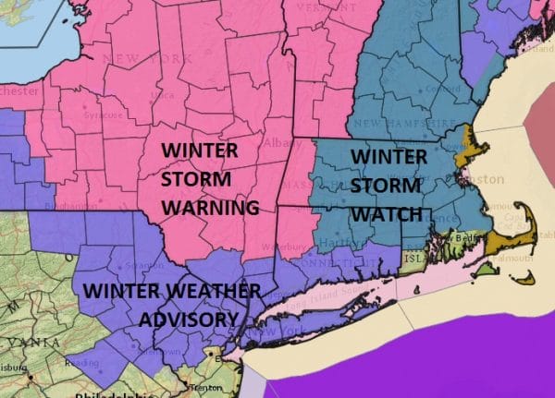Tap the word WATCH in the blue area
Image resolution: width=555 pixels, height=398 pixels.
(x=387, y=214)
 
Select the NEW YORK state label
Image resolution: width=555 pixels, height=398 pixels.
(x=129, y=59)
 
